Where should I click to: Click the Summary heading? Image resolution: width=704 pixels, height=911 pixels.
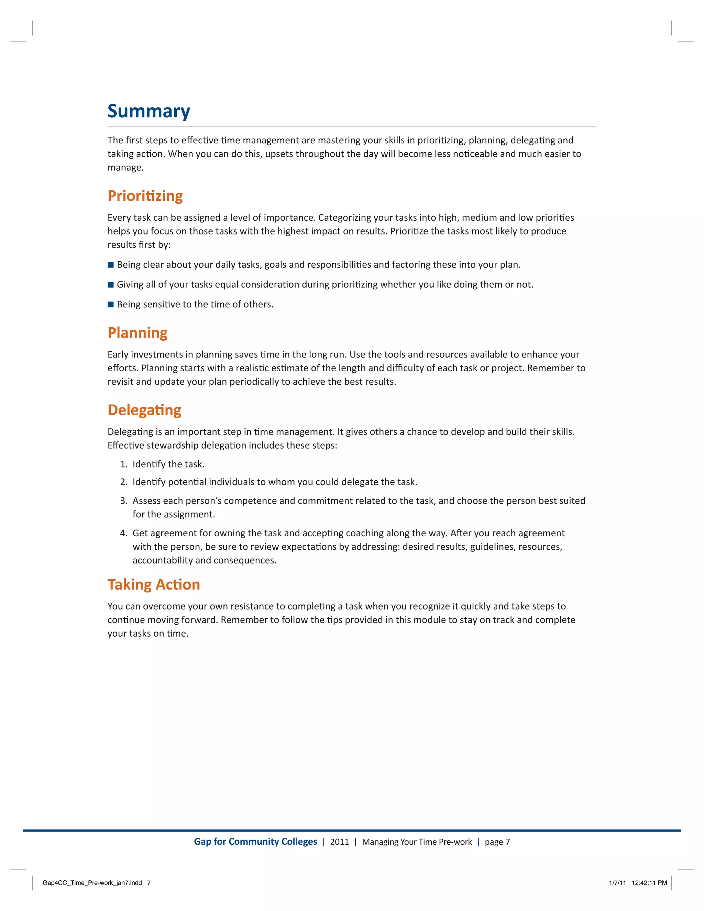148,111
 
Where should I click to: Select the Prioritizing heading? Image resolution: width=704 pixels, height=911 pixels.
145,196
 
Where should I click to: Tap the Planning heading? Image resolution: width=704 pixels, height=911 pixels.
137,333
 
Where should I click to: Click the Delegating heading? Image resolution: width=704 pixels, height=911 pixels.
144,410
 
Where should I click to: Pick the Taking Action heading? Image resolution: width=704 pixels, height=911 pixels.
153,585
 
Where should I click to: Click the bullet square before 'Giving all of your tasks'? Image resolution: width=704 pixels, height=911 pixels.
111,285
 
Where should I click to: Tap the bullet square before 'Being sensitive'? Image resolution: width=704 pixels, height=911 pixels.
111,305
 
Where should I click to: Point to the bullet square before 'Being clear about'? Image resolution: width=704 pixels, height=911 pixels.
111,265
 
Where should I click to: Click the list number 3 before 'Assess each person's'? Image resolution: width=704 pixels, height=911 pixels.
123,501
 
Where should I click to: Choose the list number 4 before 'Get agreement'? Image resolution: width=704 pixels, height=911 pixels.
123,534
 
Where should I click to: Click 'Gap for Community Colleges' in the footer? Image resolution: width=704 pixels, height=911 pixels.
255,842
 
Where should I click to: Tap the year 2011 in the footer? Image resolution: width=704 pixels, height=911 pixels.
340,842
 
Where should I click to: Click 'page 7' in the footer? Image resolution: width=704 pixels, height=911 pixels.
497,842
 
